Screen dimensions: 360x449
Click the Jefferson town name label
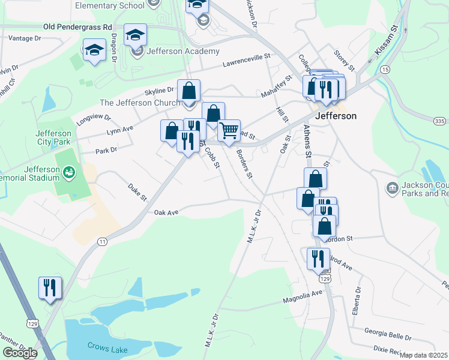click(x=336, y=116)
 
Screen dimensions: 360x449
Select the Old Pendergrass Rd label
click(x=78, y=28)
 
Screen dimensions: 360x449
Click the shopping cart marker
click(x=229, y=131)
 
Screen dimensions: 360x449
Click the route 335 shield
click(x=439, y=121)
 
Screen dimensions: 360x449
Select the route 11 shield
click(x=103, y=241)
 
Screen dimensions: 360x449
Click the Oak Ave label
click(x=166, y=212)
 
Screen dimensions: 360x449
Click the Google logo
click(x=20, y=353)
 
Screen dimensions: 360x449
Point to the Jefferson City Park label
click(x=53, y=137)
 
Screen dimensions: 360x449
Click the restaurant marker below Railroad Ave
click(x=318, y=259)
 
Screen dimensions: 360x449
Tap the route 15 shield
click(x=385, y=70)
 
